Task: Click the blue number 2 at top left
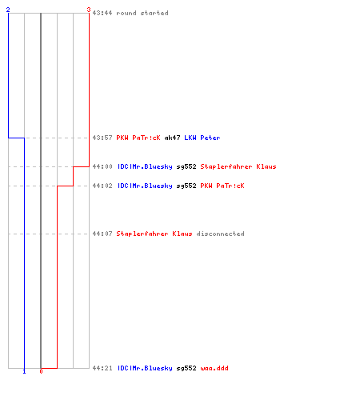pos(8,10)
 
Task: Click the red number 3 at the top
pos(89,10)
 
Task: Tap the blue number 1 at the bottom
pos(24,371)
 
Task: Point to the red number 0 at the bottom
pos(41,371)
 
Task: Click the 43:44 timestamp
pos(102,13)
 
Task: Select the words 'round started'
pos(142,13)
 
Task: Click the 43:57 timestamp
pos(102,138)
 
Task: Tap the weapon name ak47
pos(172,138)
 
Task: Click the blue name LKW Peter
pos(202,138)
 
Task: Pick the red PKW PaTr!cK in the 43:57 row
pos(138,138)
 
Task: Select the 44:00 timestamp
pos(102,166)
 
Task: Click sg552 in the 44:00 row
pos(186,166)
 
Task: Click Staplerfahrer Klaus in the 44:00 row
pos(238,166)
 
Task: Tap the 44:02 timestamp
pos(102,186)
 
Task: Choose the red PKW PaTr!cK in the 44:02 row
pos(222,186)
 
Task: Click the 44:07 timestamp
pos(102,234)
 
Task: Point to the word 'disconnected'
pos(221,234)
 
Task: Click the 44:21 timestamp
pos(102,368)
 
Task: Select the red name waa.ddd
pos(214,368)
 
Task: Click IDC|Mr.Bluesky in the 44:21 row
pos(145,368)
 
